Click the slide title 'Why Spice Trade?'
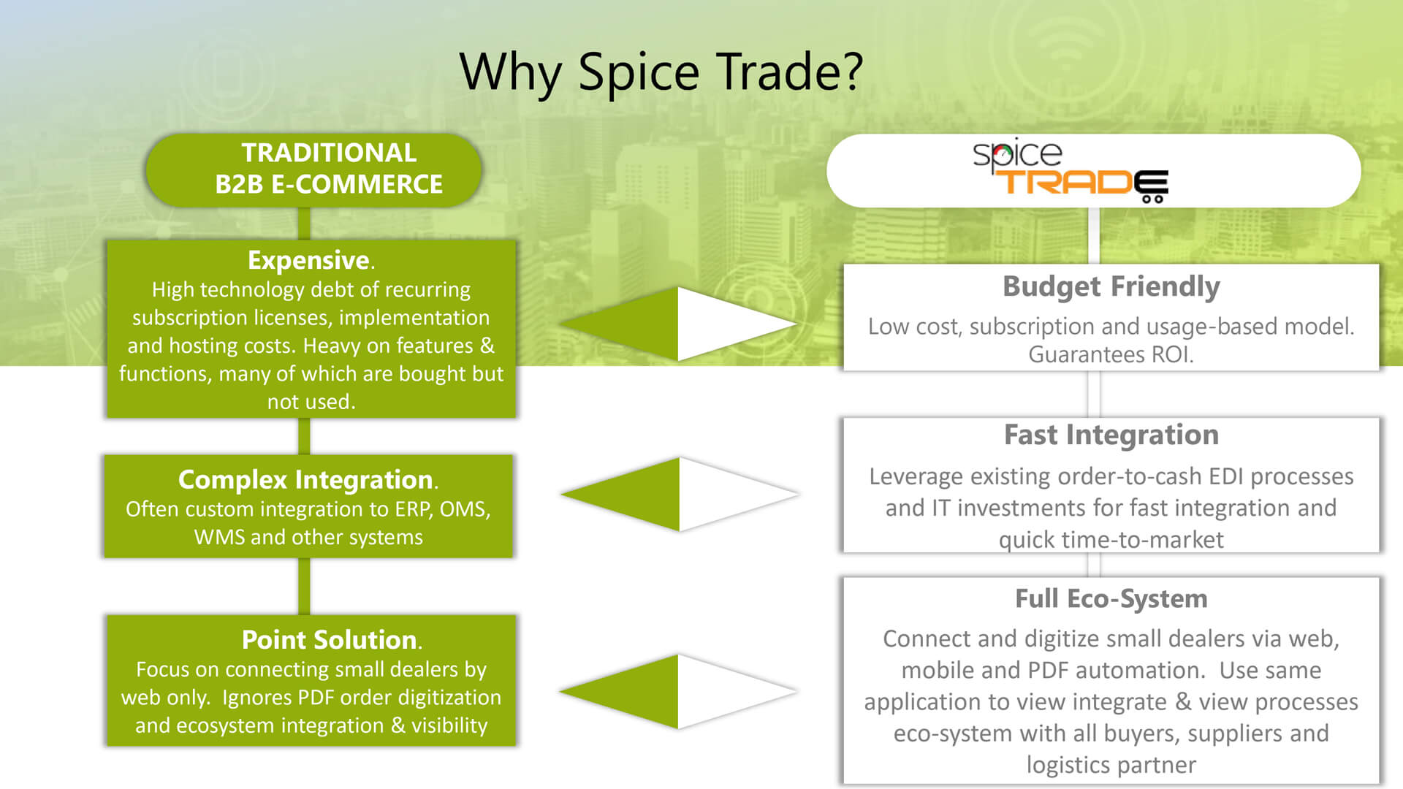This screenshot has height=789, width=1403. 661,72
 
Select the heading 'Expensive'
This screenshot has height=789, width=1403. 308,260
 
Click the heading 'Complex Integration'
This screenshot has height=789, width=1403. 305,480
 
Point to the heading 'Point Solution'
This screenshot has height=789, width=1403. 329,640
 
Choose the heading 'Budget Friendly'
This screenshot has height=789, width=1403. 1111,286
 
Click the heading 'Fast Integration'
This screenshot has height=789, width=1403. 1111,435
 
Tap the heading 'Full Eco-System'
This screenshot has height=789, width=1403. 1111,599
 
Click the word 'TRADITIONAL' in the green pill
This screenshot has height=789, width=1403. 329,153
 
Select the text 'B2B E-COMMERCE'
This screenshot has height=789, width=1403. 329,184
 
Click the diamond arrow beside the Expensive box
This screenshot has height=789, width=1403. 678,324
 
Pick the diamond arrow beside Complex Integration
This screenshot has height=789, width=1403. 680,495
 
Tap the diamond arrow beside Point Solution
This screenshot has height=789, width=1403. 678,691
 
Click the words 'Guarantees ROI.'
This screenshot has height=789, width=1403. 1111,355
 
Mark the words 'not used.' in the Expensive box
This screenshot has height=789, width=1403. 311,402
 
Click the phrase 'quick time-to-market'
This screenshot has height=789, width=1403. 1111,540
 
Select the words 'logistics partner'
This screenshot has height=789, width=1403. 1111,765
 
